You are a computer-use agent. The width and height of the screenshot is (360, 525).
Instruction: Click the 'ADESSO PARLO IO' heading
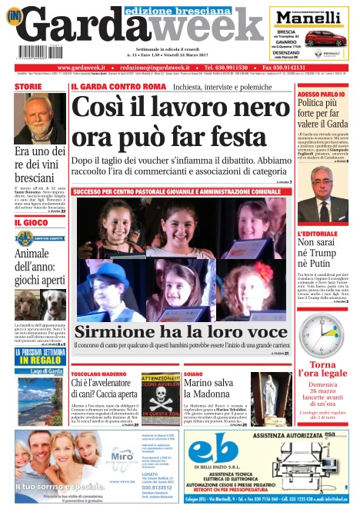click(x=319, y=92)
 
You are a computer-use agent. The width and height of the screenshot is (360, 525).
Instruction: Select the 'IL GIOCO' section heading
click(x=29, y=222)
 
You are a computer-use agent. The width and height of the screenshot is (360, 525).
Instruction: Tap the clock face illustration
click(x=322, y=332)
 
